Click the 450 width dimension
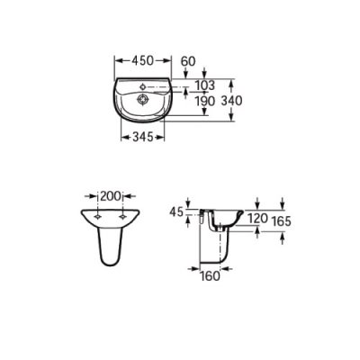(x=142, y=60)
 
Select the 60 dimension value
(x=188, y=61)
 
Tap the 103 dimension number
(x=205, y=85)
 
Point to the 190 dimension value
(x=205, y=101)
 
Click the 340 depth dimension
(x=231, y=101)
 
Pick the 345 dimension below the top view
(x=143, y=138)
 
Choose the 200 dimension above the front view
(x=111, y=196)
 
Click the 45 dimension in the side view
(x=176, y=212)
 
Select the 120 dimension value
(x=257, y=219)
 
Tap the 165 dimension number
(x=281, y=221)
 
